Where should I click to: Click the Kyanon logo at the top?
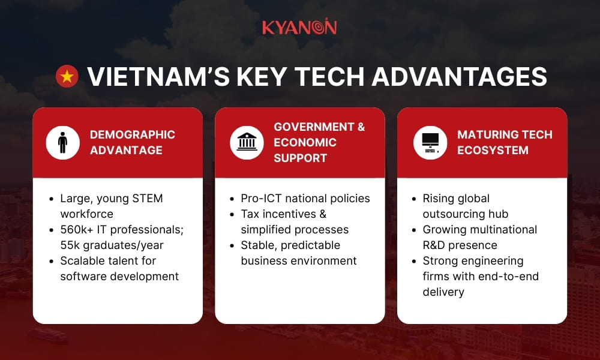point(299,27)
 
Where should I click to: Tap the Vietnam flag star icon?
point(67,77)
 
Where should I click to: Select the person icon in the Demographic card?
point(63,143)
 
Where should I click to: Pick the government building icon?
point(247,143)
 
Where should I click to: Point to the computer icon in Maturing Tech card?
point(430,143)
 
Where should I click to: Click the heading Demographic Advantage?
point(132,142)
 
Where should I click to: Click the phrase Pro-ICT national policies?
point(305,199)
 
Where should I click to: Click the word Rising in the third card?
point(440,199)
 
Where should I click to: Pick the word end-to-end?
point(507,277)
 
